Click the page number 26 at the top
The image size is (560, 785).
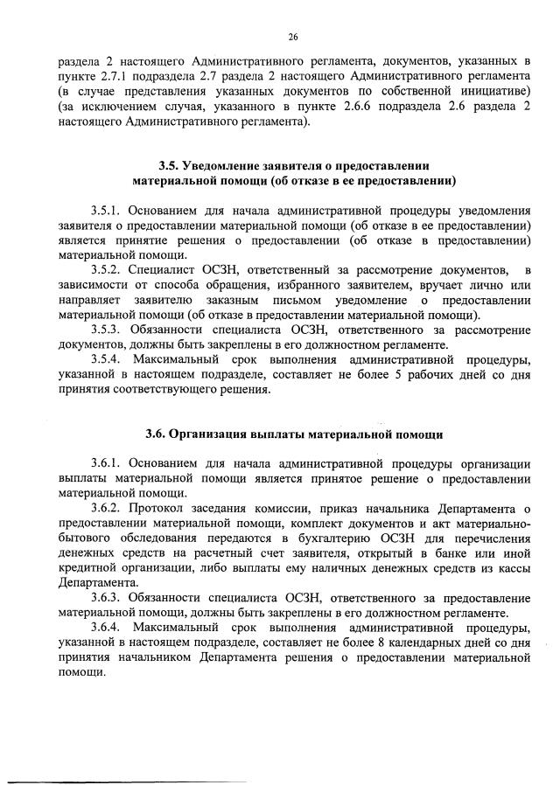coord(292,36)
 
